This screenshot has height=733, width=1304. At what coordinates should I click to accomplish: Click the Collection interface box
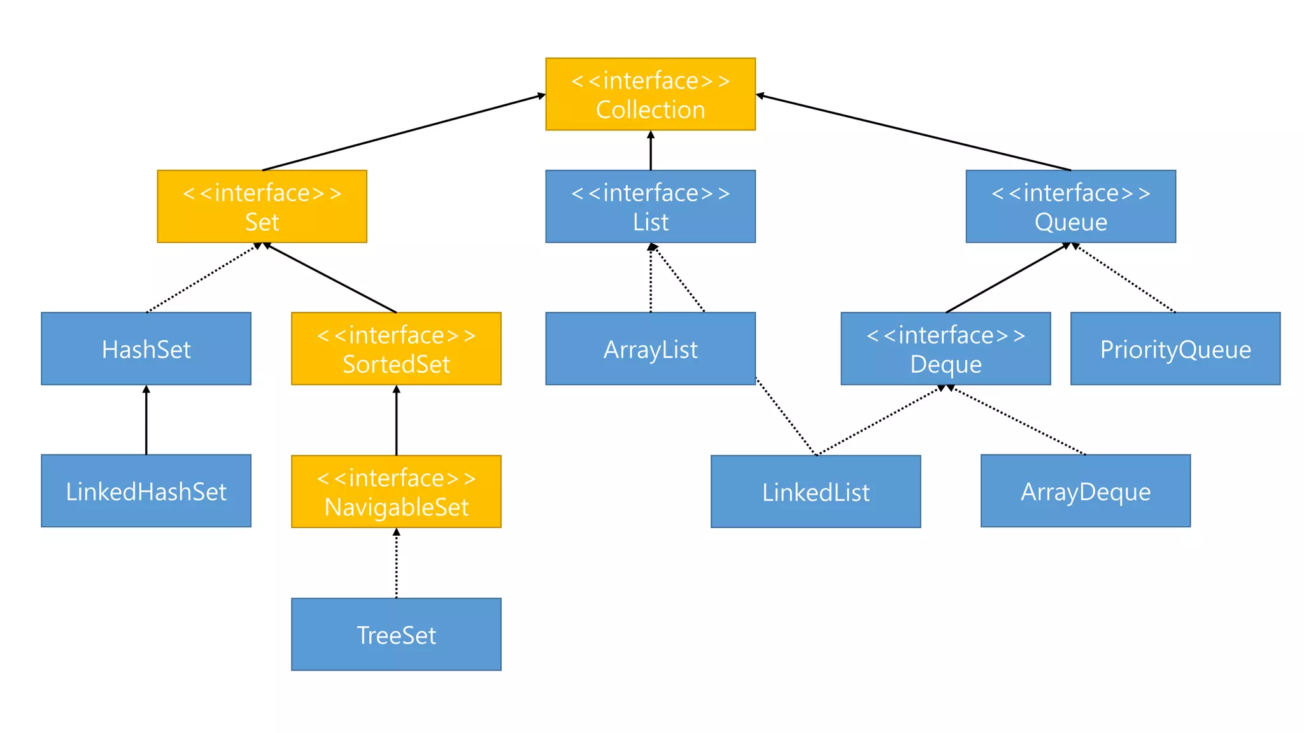coord(650,94)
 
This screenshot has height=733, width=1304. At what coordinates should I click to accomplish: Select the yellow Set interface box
coord(262,206)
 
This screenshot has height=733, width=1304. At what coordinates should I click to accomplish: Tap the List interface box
coord(650,206)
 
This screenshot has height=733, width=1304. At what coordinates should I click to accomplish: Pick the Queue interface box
coord(1070,206)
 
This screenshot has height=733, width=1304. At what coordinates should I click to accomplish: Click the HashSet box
coord(146,349)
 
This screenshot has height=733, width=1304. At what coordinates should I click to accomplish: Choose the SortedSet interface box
coord(396,349)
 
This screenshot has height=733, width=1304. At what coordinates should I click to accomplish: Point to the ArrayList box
coord(650,349)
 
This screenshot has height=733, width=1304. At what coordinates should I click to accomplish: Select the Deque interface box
coord(946,349)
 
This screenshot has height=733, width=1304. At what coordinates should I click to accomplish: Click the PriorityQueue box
coord(1175,349)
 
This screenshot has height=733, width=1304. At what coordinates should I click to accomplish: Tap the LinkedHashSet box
coord(146,491)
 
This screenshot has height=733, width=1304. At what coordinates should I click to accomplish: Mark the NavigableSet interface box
coord(396,491)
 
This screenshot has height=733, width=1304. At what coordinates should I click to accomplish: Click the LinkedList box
coord(816,491)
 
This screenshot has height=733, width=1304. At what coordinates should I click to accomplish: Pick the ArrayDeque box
coord(1086,491)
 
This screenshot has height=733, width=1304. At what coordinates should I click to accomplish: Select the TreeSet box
coord(396,634)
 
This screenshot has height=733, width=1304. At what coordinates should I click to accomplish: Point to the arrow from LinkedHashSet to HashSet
coord(146,420)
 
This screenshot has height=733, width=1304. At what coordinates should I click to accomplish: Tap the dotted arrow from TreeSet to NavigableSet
coord(396,563)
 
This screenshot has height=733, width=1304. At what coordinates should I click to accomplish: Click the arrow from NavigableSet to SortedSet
coord(396,420)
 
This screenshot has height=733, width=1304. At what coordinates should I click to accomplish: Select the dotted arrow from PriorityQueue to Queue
coord(1124,278)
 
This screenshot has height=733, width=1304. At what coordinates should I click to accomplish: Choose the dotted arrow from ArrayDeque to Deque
coord(1019,421)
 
